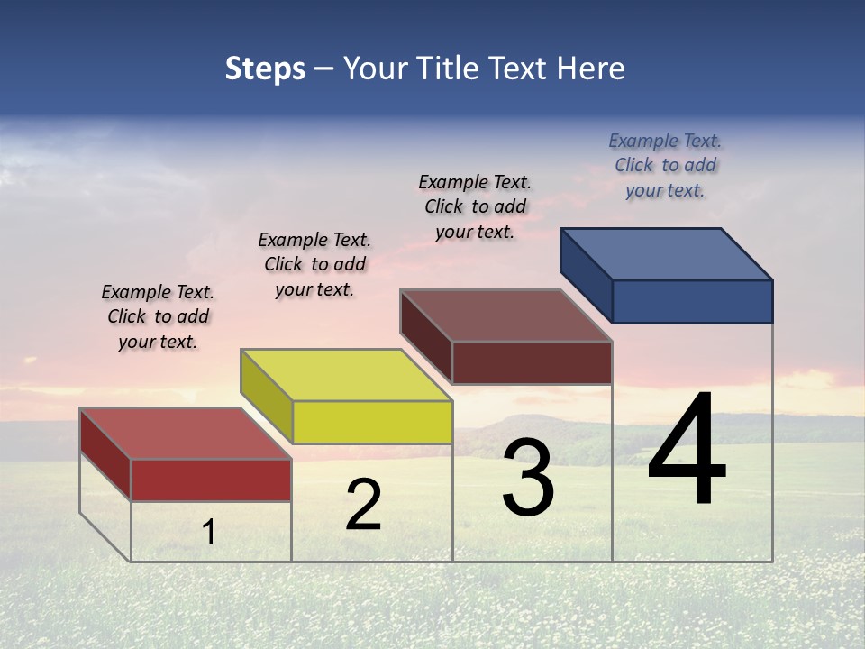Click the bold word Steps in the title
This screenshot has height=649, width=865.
pyautogui.click(x=265, y=69)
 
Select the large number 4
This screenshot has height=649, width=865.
pyautogui.click(x=687, y=451)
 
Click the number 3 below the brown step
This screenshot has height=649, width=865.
pyautogui.click(x=528, y=478)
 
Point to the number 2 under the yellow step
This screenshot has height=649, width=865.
pyautogui.click(x=363, y=505)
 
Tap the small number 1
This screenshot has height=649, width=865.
pyautogui.click(x=208, y=533)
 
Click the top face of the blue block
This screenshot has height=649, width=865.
pyautogui.click(x=667, y=253)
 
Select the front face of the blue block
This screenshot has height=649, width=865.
pyautogui.click(x=692, y=301)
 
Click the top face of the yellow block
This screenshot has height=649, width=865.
pyautogui.click(x=346, y=374)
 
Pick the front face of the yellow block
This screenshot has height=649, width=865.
pyautogui.click(x=372, y=422)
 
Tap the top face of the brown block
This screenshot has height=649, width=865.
pyautogui.click(x=506, y=315)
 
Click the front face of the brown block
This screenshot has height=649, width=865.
pyautogui.click(x=532, y=362)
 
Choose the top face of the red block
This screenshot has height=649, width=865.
pyautogui.click(x=186, y=433)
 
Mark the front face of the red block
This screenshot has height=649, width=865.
pyautogui.click(x=211, y=480)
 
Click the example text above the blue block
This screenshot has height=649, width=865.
pyautogui.click(x=665, y=165)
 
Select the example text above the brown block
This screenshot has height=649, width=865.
pyautogui.click(x=475, y=206)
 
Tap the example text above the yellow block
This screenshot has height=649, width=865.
pyautogui.click(x=314, y=264)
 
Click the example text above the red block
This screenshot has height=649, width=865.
pyautogui.click(x=158, y=316)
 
